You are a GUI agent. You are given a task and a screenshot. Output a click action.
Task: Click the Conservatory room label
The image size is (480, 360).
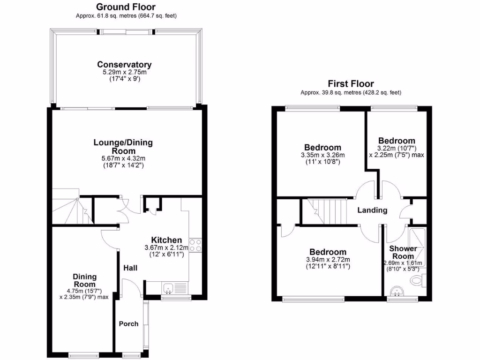124,65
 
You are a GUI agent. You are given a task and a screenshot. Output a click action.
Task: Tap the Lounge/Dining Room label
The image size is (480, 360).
123,147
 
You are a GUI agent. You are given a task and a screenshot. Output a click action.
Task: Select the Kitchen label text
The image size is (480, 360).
166,240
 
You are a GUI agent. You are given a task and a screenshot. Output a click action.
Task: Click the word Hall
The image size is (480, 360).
130,268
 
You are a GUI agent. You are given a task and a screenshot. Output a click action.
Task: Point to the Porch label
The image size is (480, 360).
128,323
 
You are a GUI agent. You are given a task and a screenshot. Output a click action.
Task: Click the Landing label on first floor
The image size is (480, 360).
372,210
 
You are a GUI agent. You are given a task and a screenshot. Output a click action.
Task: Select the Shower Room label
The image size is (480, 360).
403,252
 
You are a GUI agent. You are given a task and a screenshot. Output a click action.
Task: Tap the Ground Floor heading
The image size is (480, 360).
126,7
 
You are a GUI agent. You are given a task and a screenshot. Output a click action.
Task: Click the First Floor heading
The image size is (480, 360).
351,84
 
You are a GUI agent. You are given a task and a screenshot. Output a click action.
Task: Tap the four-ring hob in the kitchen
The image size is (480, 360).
195,246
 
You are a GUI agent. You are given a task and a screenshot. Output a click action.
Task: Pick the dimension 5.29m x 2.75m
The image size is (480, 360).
124,73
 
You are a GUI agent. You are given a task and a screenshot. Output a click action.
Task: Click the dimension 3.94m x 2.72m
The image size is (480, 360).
327,260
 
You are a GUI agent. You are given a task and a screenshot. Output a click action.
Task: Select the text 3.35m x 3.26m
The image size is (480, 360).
323,155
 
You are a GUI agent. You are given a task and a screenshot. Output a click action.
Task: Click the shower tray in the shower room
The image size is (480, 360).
418,246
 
